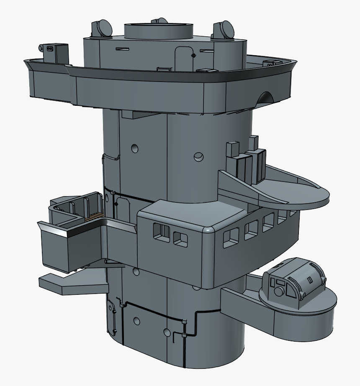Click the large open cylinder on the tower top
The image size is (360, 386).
pyautogui.click(x=159, y=31)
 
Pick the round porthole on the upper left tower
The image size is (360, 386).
pyautogui.click(x=134, y=148)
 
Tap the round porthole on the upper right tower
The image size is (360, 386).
pyautogui.click(x=199, y=157)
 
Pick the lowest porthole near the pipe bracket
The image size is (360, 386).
pyautogui.click(x=167, y=333)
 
